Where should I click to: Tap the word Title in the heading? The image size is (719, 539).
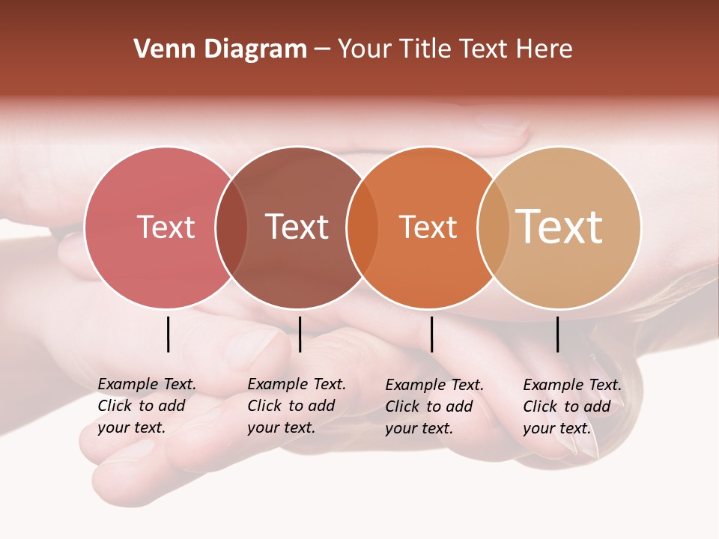click(x=426, y=49)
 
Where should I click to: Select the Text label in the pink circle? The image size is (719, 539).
click(x=166, y=227)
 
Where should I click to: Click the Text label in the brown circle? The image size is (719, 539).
click(x=297, y=227)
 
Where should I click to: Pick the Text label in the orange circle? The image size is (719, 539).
click(x=428, y=228)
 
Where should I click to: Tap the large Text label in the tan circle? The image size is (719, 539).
click(x=559, y=226)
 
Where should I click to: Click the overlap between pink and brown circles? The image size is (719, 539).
click(x=231, y=228)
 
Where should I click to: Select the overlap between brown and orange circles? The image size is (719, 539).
click(x=362, y=228)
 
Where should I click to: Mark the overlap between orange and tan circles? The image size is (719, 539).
click(x=494, y=228)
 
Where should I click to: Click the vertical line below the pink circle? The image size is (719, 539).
click(x=169, y=334)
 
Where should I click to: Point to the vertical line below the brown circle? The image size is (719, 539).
click(x=300, y=334)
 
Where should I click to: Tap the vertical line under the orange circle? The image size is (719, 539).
click(x=431, y=334)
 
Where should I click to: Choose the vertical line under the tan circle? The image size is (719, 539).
click(x=558, y=334)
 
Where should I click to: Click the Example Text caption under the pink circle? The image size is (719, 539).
click(x=147, y=406)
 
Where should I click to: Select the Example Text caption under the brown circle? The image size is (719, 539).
click(x=297, y=406)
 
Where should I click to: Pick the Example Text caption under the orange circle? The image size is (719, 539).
click(x=434, y=406)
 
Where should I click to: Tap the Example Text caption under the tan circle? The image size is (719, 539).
click(x=572, y=406)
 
